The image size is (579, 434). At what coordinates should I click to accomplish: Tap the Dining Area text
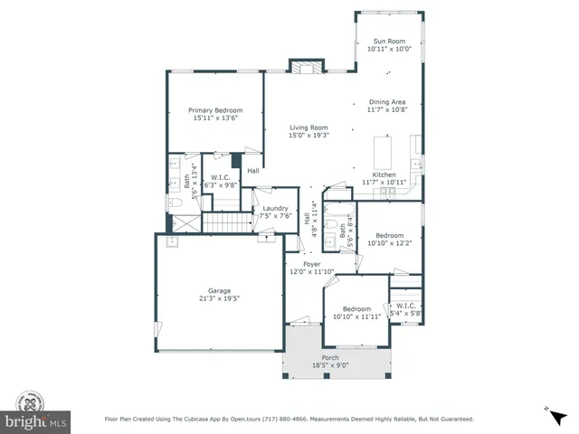coord(387,102)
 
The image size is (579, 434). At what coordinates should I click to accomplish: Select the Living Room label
coord(308,127)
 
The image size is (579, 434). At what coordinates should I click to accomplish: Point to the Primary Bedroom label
coord(215,110)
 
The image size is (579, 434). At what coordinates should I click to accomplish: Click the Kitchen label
coord(384,174)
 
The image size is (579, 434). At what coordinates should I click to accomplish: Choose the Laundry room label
coord(275,207)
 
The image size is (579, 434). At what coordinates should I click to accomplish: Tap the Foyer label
coord(311,264)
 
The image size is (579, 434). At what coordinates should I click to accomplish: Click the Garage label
coord(220,290)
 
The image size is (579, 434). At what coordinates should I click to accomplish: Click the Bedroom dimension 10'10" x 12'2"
coord(389,243)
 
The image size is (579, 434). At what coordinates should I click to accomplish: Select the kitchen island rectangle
coord(383,150)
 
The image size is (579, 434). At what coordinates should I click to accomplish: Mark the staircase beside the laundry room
coord(225,222)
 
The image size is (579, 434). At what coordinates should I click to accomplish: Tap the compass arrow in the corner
coord(548,411)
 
